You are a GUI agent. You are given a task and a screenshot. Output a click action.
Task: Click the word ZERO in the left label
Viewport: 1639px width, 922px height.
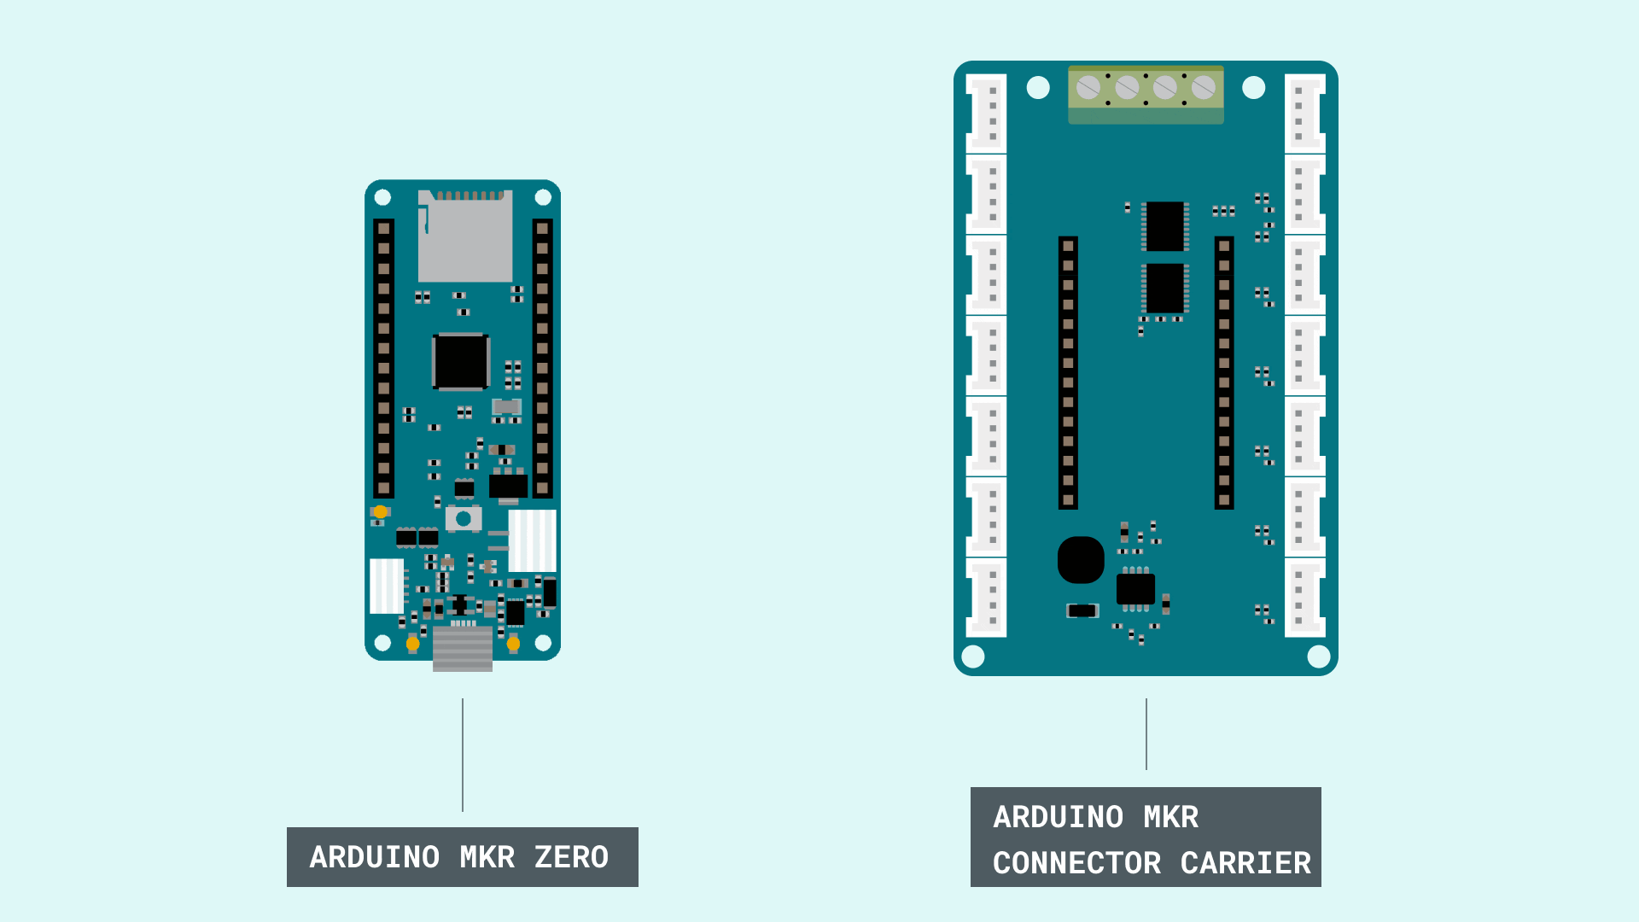pyautogui.click(x=571, y=857)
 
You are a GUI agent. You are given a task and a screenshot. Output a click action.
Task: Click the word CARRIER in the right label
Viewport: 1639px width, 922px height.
pyautogui.click(x=1245, y=863)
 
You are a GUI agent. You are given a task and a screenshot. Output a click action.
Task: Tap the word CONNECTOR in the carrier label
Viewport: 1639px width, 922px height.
pyautogui.click(x=1076, y=863)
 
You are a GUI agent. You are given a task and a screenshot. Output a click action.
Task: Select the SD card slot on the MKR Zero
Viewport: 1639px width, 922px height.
pyautogui.click(x=465, y=236)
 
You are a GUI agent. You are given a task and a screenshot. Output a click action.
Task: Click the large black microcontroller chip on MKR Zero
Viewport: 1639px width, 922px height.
pyautogui.click(x=461, y=361)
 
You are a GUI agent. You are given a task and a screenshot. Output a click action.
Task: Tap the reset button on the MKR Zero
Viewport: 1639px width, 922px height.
pyautogui.click(x=464, y=518)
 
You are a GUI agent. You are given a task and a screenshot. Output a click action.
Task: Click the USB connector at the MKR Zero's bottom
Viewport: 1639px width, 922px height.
pyautogui.click(x=463, y=649)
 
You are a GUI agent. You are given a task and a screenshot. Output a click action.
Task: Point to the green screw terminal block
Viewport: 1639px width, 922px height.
pyautogui.click(x=1146, y=94)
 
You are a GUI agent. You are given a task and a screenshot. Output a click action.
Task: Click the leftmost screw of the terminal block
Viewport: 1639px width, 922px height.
pyautogui.click(x=1088, y=87)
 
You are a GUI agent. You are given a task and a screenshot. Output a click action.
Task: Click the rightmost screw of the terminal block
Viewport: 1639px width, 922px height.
pyautogui.click(x=1203, y=87)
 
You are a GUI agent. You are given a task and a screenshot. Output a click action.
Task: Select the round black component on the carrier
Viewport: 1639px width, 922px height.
pyautogui.click(x=1081, y=560)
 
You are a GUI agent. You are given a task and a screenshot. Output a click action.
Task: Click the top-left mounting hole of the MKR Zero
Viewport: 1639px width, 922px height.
pyautogui.click(x=382, y=198)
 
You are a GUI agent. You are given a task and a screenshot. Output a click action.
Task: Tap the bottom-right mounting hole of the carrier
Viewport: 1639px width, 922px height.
pyautogui.click(x=1318, y=656)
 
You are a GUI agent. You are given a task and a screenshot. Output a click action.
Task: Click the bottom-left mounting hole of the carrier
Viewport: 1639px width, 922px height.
pyautogui.click(x=973, y=656)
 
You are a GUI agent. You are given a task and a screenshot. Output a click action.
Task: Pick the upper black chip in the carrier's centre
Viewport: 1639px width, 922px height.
pyautogui.click(x=1164, y=226)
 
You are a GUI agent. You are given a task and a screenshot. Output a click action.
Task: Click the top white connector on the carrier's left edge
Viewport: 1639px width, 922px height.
pyautogui.click(x=987, y=114)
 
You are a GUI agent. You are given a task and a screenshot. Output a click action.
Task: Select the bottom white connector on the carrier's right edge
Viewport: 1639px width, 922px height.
pyautogui.click(x=1304, y=598)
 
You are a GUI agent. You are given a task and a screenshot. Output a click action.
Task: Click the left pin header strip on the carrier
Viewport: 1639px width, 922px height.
pyautogui.click(x=1068, y=372)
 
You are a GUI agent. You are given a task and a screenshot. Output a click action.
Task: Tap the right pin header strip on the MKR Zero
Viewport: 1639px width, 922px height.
pyautogui.click(x=542, y=359)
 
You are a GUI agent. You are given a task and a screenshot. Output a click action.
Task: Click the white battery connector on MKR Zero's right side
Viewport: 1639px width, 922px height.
pyautogui.click(x=532, y=540)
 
